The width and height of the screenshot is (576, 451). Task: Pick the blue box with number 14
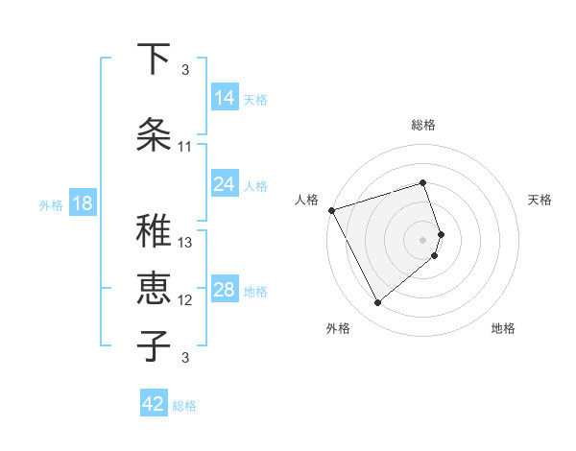click(224, 98)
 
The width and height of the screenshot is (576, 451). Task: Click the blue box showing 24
click(224, 184)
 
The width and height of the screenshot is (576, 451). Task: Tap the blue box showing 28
click(224, 290)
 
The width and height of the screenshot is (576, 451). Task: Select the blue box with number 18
click(82, 203)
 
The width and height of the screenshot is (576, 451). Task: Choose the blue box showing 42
click(154, 404)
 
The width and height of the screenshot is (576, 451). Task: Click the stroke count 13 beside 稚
click(185, 243)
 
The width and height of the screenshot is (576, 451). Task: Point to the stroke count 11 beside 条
click(185, 147)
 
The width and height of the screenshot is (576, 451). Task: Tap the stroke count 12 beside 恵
click(185, 300)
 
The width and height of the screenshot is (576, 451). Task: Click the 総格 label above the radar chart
click(423, 125)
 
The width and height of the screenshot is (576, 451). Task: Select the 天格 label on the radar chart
click(540, 200)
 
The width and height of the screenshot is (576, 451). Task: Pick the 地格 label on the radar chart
click(503, 328)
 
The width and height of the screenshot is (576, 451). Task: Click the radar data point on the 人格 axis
click(331, 210)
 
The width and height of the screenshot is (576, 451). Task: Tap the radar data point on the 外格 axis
click(377, 303)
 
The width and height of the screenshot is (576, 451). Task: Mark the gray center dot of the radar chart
click(423, 239)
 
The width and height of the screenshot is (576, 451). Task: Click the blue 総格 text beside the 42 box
click(184, 406)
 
